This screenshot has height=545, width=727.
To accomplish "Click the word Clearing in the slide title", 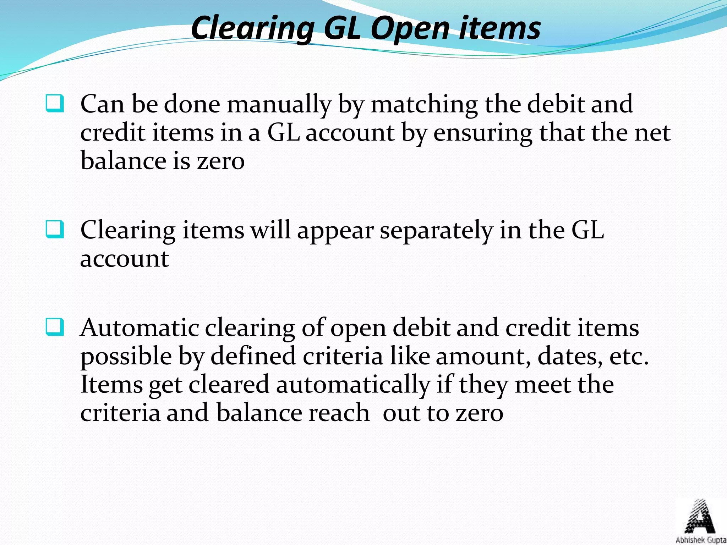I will point(252,28).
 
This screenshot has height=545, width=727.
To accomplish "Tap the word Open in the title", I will point(410,28).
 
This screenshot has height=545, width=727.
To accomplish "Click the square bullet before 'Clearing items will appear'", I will point(55,229).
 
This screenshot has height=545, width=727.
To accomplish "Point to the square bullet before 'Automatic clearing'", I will point(55,327).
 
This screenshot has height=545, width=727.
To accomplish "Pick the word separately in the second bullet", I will point(436,230).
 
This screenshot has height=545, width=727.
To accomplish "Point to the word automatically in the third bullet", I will point(353,385).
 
